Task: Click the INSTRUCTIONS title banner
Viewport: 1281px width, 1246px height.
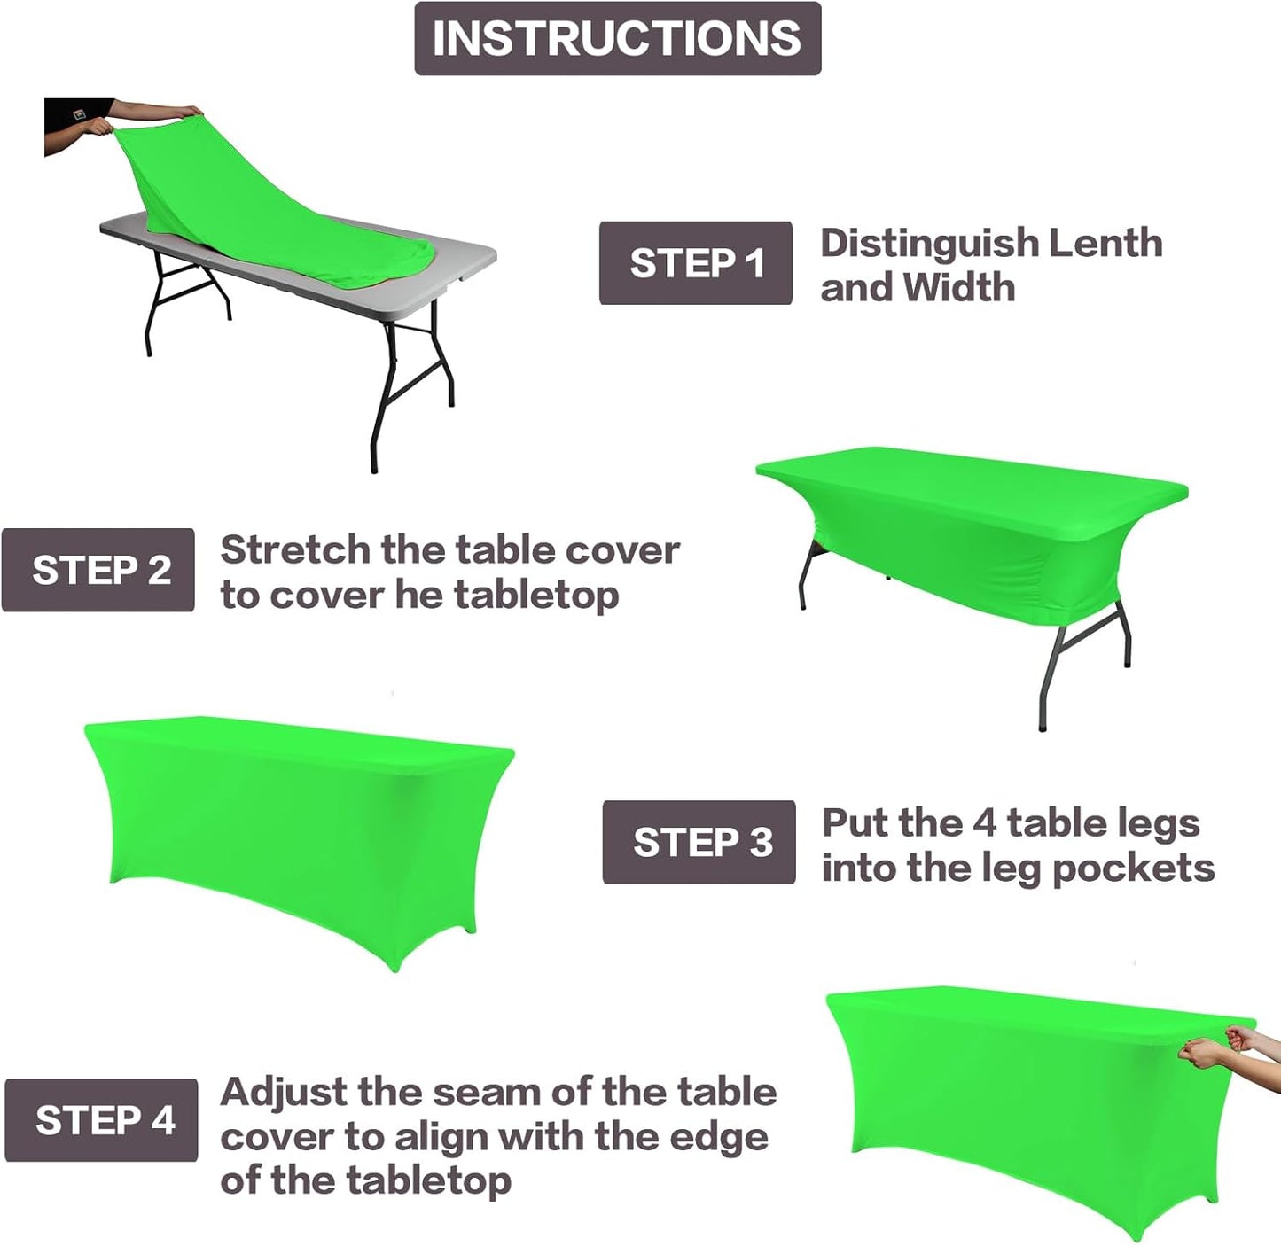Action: click(x=617, y=38)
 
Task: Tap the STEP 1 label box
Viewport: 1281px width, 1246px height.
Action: click(x=695, y=263)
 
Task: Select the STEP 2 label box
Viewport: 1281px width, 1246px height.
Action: click(x=98, y=570)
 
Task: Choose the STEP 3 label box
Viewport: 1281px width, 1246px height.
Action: click(x=699, y=842)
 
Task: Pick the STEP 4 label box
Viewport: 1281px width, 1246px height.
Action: click(x=101, y=1120)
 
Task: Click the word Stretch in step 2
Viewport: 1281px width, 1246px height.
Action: click(x=295, y=550)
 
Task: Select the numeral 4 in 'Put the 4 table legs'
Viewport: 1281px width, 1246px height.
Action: click(x=984, y=823)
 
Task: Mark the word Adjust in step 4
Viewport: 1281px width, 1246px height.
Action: click(x=283, y=1094)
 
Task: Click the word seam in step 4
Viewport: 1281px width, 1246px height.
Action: click(x=491, y=1093)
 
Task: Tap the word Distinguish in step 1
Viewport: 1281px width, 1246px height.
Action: click(x=928, y=243)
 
